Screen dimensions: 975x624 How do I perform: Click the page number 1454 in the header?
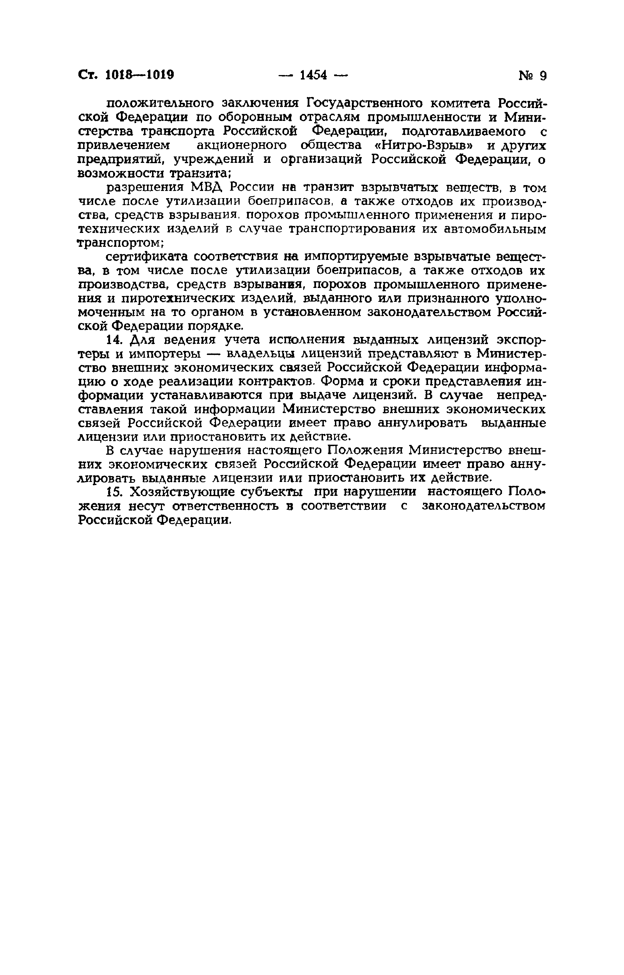point(313,75)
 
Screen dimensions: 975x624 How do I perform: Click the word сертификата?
point(146,257)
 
